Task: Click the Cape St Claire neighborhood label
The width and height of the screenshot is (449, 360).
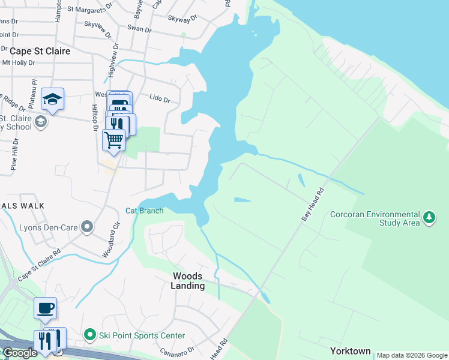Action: [x=36, y=51]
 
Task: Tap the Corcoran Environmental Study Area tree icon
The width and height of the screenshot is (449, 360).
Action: [x=429, y=217]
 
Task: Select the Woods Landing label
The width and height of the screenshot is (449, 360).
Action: [x=188, y=281]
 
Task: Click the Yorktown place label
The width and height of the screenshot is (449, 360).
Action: [x=350, y=351]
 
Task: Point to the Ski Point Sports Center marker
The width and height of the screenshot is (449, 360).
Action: [x=90, y=335]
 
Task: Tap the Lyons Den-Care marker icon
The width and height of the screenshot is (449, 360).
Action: [x=88, y=227]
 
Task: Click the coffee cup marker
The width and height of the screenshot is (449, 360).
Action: [x=46, y=308]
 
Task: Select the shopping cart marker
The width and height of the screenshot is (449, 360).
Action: [x=113, y=140]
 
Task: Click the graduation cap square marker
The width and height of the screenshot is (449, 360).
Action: [x=52, y=100]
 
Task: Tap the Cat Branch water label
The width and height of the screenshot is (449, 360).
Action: [x=144, y=211]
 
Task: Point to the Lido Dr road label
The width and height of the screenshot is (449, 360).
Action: [x=160, y=97]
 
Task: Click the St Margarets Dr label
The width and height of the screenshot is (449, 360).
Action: [x=90, y=9]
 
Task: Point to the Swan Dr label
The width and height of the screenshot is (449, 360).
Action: [x=139, y=28]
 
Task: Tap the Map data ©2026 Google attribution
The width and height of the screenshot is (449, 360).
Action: [x=412, y=355]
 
